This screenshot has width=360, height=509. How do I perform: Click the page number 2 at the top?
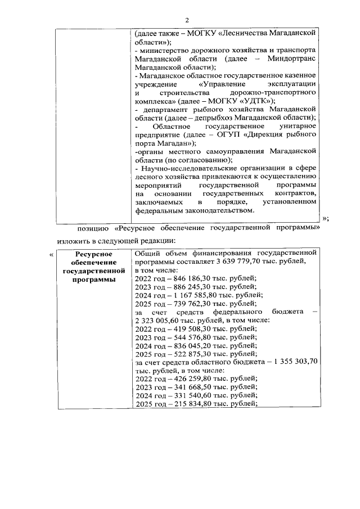tap(179, 20)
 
